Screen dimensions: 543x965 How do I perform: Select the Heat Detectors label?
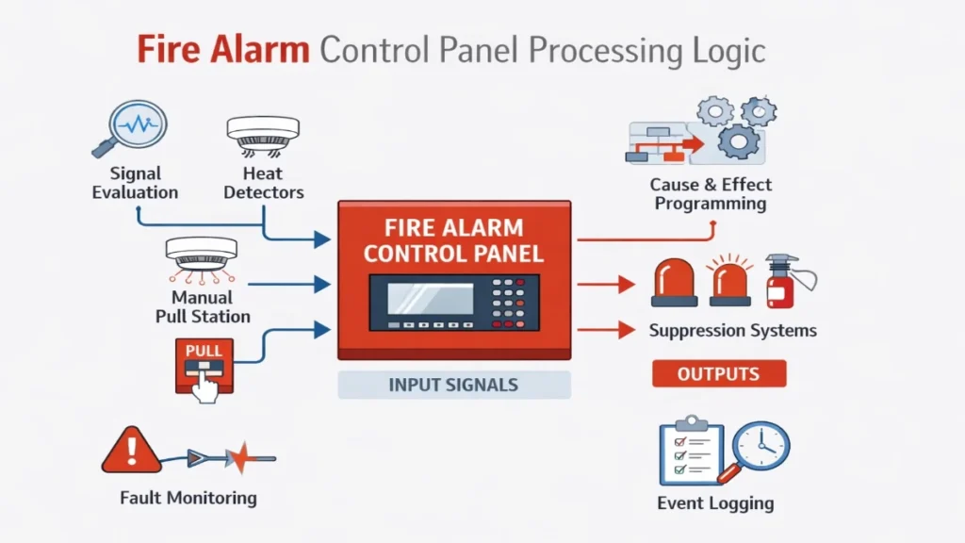262,183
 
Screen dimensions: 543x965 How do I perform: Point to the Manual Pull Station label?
203,307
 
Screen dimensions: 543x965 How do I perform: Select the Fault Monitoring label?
188,497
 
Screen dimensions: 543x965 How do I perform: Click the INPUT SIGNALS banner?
453,385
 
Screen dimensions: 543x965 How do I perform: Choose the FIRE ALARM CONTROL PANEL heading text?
453,240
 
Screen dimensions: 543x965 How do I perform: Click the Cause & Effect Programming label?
711,193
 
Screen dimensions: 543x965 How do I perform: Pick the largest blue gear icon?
738,141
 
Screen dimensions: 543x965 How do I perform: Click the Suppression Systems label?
732,331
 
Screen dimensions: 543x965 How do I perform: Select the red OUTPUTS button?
718,374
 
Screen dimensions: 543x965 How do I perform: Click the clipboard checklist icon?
690,451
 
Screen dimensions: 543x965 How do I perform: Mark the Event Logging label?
715,502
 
